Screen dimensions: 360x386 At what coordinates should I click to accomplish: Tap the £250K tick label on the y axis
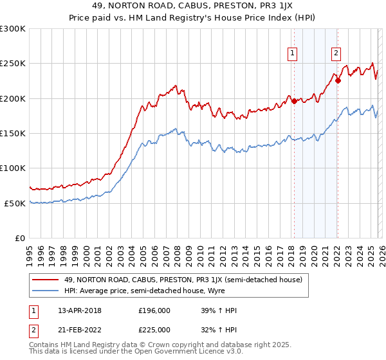[x=13, y=64]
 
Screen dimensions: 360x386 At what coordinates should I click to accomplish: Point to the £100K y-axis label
[x=13, y=168]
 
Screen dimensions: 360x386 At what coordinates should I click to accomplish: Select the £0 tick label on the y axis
[x=21, y=238]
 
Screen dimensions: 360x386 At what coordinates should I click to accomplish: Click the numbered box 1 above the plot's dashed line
[x=293, y=53]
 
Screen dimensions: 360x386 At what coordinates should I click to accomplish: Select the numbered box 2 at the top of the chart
[x=336, y=53]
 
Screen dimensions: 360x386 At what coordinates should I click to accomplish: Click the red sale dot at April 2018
[x=294, y=101]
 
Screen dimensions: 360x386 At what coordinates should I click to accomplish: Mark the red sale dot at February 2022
[x=338, y=81]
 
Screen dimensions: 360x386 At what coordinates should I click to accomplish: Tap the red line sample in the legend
[x=47, y=280]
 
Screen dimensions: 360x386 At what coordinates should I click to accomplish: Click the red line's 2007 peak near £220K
[x=175, y=85]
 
